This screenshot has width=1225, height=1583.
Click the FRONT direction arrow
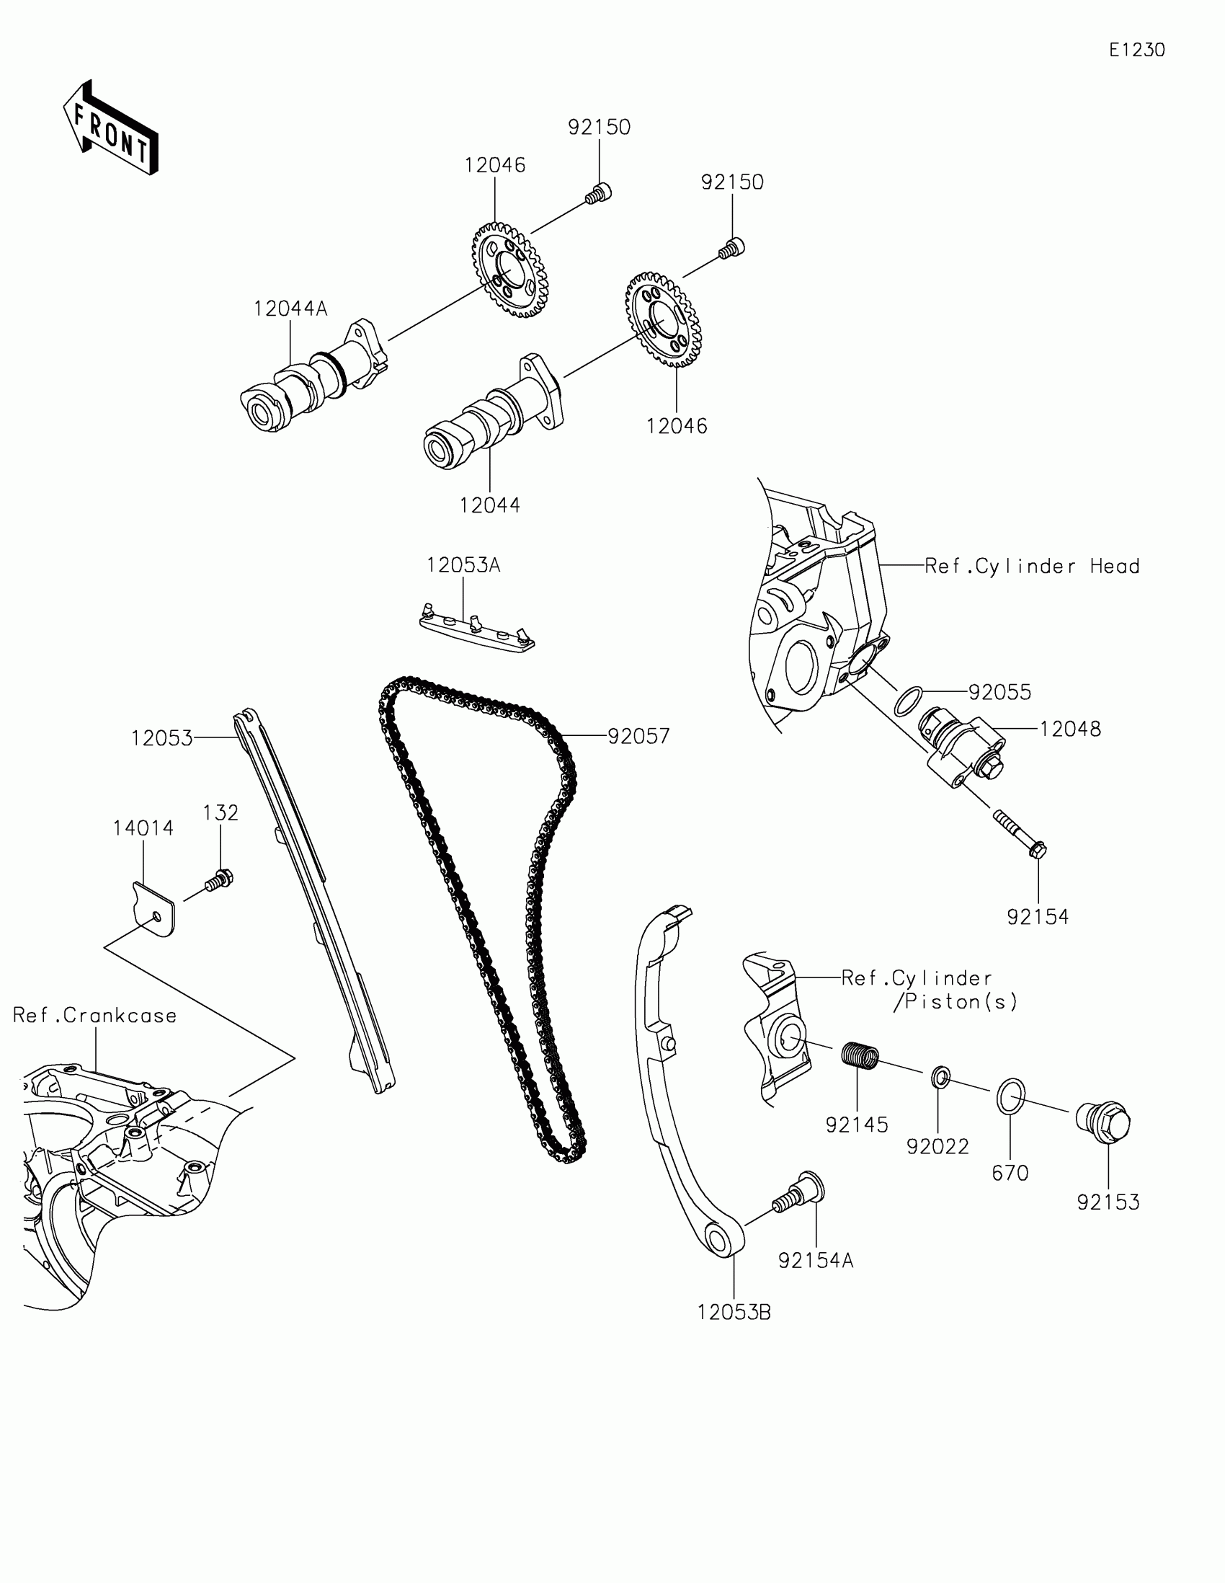pos(112,129)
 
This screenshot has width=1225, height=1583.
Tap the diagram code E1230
pos(1136,50)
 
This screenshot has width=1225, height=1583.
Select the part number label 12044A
pos(290,309)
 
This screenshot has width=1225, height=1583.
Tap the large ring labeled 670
pos(1010,1096)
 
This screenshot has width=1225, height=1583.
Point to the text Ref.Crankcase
pos(95,1016)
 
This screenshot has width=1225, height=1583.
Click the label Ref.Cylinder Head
pos(1032,566)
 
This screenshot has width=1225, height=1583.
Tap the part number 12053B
pos(734,1312)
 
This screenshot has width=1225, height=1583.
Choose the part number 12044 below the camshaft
pos(490,505)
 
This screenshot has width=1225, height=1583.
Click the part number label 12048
pos(1070,729)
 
